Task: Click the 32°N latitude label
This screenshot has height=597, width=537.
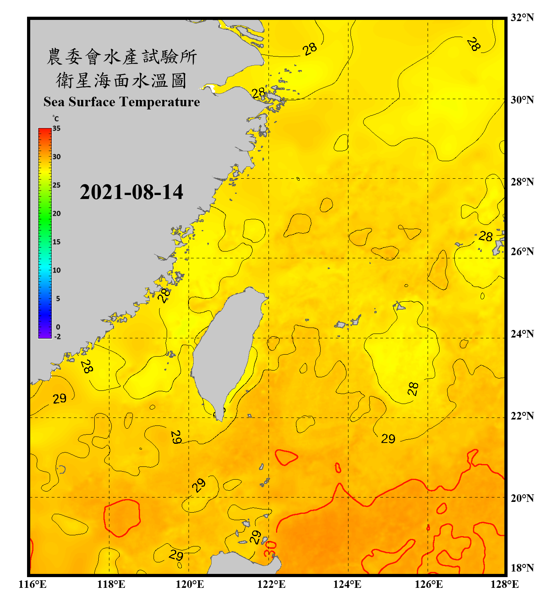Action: pos(522,18)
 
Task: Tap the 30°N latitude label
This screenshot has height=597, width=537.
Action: pos(522,99)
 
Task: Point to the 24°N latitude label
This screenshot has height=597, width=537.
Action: pos(522,334)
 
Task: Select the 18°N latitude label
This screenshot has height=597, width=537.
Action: pos(522,568)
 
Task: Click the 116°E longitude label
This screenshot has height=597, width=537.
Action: pos(33,584)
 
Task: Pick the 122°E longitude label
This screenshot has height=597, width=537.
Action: pos(271,584)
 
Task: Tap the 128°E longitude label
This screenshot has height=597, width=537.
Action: pos(504,584)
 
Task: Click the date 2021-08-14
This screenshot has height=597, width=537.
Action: pos(131,192)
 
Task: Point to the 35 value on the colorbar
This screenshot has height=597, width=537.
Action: pos(56,128)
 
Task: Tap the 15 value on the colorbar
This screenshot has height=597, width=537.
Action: pos(56,242)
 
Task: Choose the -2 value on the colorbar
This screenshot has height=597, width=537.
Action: pos(57,337)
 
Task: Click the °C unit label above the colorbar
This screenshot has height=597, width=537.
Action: pos(56,119)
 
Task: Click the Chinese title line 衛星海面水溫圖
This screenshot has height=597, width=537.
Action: pos(121,80)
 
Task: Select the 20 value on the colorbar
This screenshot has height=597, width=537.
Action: pos(56,213)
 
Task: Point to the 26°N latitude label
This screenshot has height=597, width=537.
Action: pos(522,252)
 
